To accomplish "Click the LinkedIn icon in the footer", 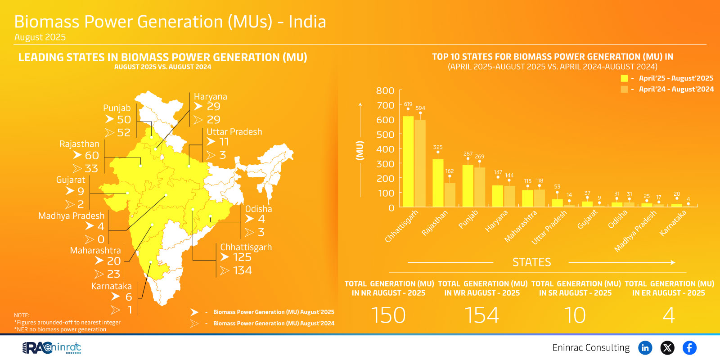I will tap(645, 348).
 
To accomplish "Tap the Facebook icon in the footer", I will tap(689, 348).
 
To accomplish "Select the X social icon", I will tap(667, 348).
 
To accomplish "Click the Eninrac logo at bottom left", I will tap(52, 348).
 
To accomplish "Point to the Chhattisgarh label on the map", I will tap(246, 247).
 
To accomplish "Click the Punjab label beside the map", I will tap(117, 108).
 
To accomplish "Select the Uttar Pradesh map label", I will tap(234, 132).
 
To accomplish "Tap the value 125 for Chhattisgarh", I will tap(242, 257).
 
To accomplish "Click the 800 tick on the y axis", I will tap(385, 91).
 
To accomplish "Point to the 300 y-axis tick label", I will tap(385, 164).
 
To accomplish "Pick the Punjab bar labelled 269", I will tap(480, 187).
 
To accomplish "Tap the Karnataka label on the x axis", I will tap(673, 223).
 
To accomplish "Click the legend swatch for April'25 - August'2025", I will tap(624, 78).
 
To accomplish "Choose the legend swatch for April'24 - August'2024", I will tap(624, 89).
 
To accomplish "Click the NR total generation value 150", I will tap(388, 315).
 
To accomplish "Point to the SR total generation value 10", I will tap(575, 315).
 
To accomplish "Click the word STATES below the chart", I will tap(531, 262).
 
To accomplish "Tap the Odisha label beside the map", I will tap(258, 209).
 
